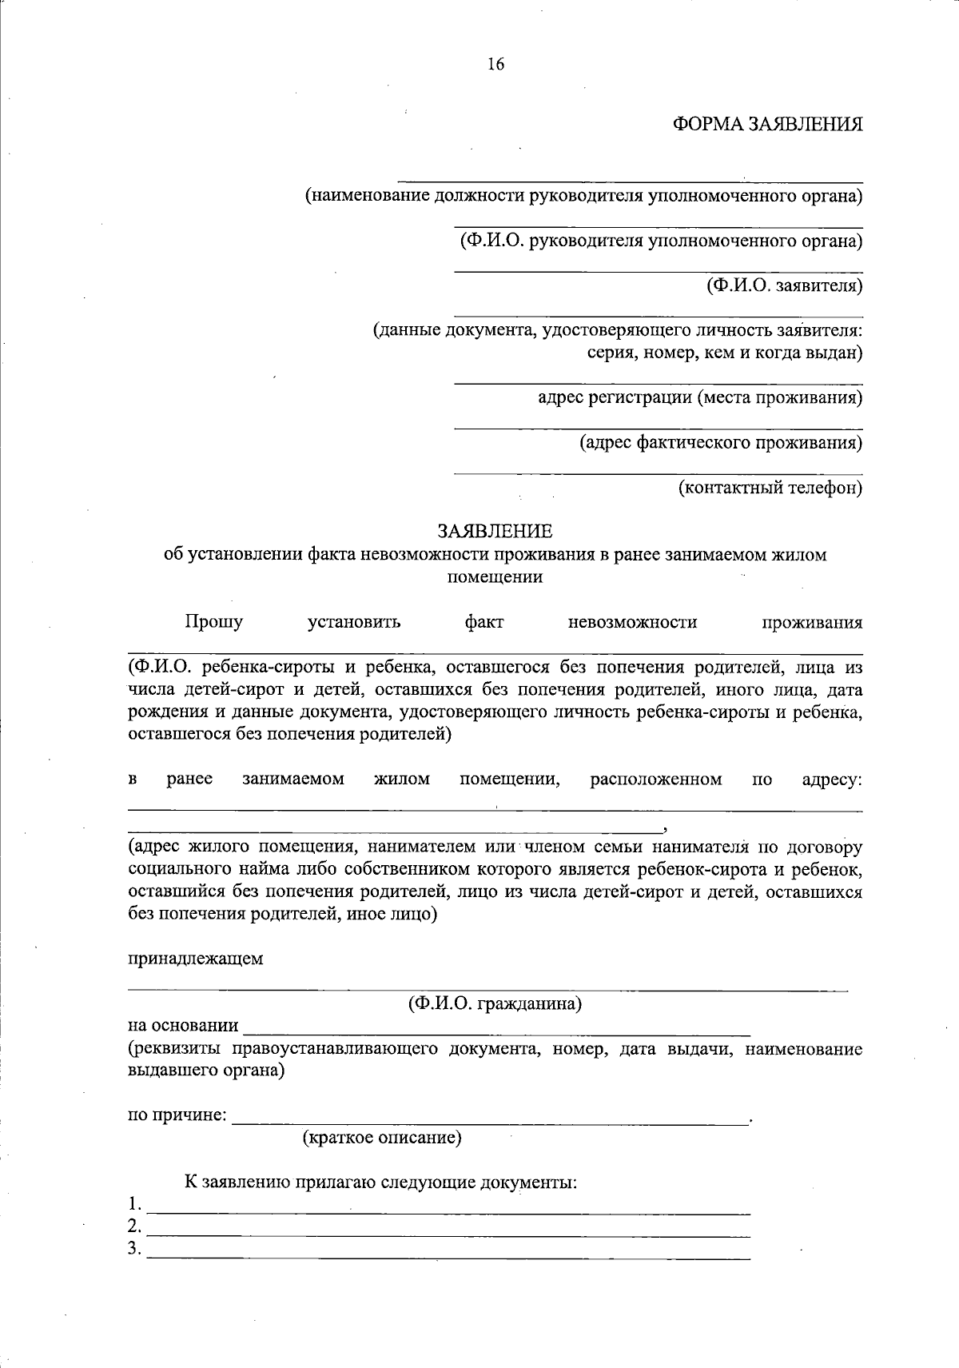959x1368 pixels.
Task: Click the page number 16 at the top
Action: click(495, 65)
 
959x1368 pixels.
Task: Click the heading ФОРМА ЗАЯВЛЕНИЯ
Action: click(767, 125)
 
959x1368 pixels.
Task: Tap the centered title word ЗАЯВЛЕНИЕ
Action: click(494, 531)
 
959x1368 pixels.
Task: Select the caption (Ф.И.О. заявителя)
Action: click(783, 285)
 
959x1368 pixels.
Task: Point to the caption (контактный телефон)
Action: click(770, 487)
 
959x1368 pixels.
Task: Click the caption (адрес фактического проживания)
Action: click(721, 442)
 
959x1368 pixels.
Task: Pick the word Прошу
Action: click(213, 622)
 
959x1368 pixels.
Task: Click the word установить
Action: click(354, 622)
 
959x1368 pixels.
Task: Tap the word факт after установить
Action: click(483, 622)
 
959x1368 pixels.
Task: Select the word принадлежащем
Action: click(196, 959)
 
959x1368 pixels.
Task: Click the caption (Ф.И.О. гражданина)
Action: click(495, 1003)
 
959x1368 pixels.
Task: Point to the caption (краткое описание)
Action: click(382, 1137)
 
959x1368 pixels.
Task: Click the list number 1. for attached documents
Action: click(135, 1204)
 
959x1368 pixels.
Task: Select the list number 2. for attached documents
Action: click(135, 1226)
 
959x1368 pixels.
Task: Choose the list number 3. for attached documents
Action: click(135, 1249)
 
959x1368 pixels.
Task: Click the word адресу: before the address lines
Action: click(831, 779)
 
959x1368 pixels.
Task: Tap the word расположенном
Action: click(656, 779)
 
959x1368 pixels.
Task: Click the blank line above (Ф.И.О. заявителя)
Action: click(659, 272)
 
